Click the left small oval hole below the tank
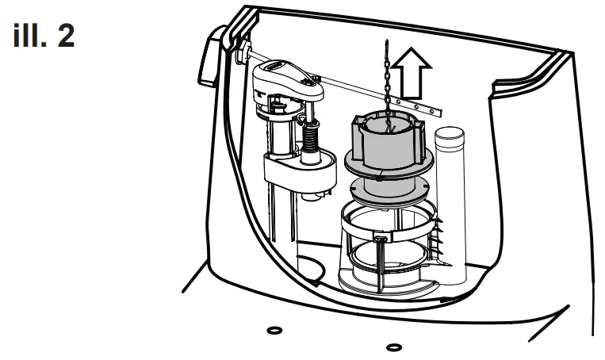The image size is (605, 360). pyautogui.click(x=274, y=329)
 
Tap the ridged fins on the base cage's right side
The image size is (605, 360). pyautogui.click(x=437, y=238)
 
